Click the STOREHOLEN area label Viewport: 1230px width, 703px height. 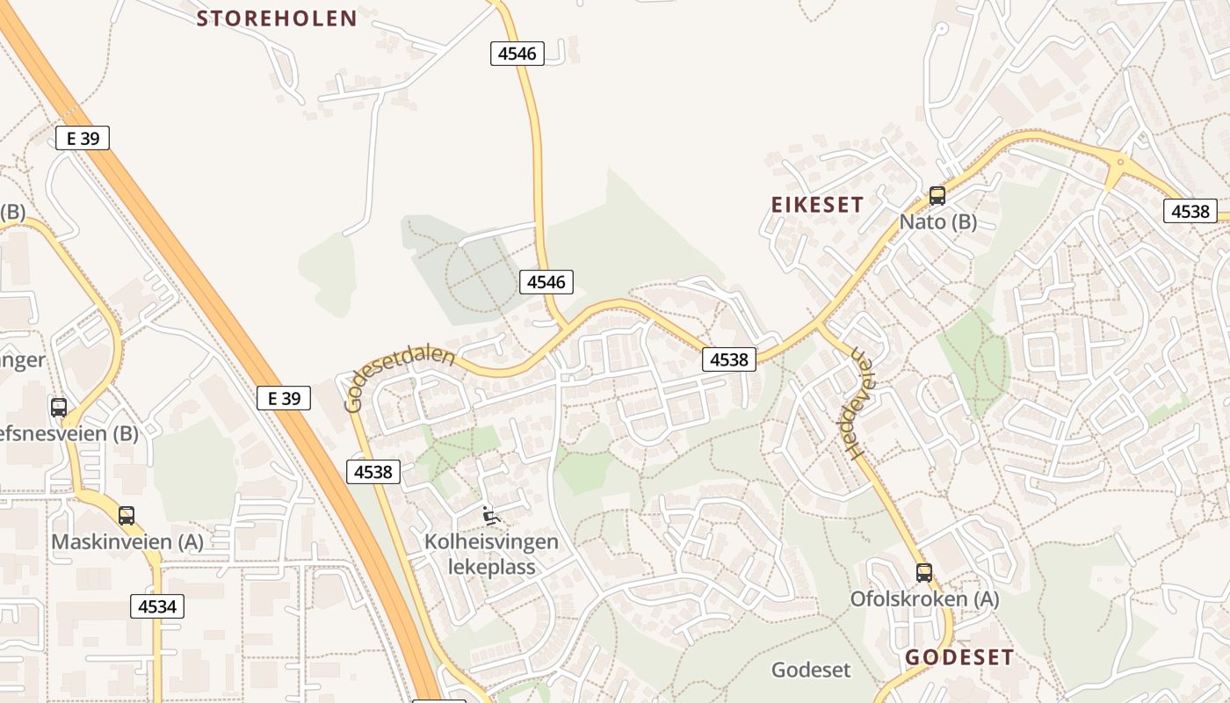277,18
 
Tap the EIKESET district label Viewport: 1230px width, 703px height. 817,205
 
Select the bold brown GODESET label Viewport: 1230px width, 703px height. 959,657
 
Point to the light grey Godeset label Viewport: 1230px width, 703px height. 811,670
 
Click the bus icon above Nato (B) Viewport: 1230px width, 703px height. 937,195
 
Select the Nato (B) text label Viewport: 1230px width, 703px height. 937,221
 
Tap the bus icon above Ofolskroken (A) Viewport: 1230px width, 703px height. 924,573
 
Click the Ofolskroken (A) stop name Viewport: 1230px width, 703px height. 924,599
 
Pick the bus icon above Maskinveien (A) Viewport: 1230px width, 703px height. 127,516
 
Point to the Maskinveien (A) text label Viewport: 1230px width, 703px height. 127,542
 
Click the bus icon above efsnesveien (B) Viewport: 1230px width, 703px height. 59,407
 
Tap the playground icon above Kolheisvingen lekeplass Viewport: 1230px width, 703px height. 491,516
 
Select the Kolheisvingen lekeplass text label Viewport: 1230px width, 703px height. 491,554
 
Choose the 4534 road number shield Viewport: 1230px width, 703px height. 157,605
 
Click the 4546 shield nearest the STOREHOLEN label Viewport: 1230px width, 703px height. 517,54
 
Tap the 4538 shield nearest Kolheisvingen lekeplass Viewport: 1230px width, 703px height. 373,472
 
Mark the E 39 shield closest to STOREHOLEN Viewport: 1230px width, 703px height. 83,138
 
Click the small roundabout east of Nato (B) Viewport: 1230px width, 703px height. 1120,162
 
